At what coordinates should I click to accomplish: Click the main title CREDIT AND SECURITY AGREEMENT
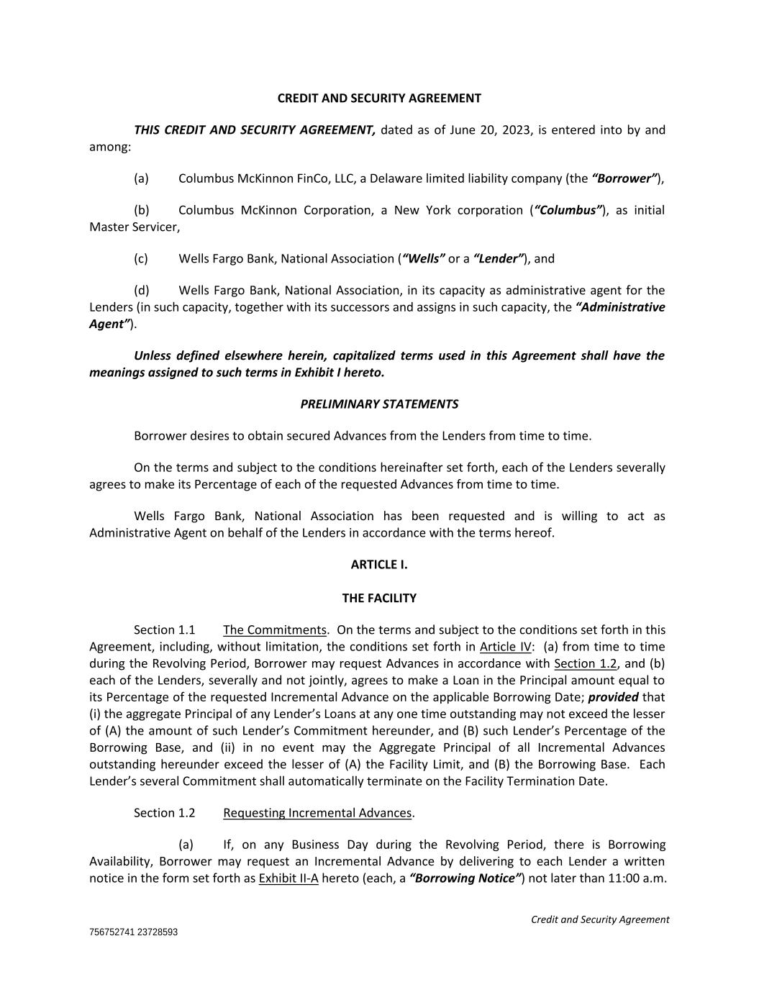(379, 98)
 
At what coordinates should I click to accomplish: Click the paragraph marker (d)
(141, 291)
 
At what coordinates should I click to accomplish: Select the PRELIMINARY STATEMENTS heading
(379, 404)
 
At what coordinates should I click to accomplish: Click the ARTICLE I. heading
(379, 565)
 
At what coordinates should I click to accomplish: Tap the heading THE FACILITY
(379, 598)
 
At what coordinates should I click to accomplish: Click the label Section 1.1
(164, 630)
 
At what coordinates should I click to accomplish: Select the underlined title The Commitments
(275, 630)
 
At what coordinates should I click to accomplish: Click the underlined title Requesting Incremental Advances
(317, 813)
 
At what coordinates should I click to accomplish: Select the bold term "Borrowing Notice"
(466, 878)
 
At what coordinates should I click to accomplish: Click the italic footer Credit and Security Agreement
(600, 919)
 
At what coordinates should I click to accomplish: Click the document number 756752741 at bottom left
(111, 932)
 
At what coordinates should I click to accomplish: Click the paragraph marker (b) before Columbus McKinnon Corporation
(141, 210)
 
